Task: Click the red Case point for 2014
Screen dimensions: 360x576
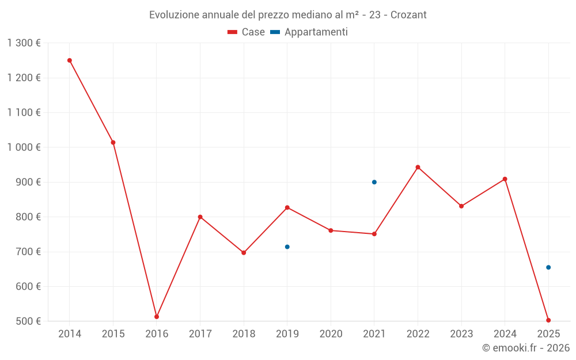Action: coord(70,60)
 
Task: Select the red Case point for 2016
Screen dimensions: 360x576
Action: coord(157,317)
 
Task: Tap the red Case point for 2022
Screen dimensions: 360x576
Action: coord(418,168)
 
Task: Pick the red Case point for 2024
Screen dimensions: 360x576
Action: coord(505,179)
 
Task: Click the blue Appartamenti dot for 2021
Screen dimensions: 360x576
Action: coord(374,182)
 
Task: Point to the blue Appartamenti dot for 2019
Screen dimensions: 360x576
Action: coord(287,247)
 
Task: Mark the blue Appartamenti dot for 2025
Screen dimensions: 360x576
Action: coord(548,267)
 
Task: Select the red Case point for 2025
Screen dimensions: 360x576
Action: coord(548,320)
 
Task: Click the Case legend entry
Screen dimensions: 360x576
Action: coord(247,32)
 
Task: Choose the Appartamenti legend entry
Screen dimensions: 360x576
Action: coord(309,32)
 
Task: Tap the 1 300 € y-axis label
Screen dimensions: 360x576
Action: coord(24,43)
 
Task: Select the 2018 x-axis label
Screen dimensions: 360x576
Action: coord(244,334)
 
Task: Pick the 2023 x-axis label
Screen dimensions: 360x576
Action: coord(461,334)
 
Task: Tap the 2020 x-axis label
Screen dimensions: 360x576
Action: coord(331,334)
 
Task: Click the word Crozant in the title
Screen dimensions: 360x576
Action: coord(408,15)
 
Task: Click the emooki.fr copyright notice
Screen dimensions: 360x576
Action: coord(525,348)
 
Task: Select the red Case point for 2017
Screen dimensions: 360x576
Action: coord(200,217)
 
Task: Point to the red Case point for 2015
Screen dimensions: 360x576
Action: coord(113,142)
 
